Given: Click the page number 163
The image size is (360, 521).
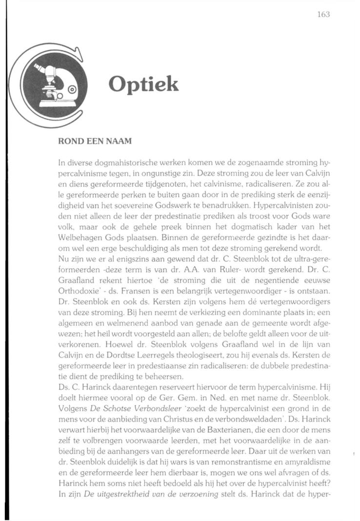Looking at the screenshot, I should pyautogui.click(x=323, y=15).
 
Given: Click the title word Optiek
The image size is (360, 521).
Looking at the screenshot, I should pyautogui.click(x=143, y=84).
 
